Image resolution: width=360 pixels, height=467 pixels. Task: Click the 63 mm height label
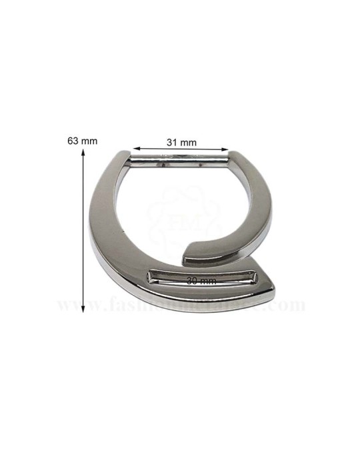click(x=83, y=141)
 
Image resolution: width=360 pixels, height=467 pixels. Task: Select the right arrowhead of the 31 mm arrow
click(x=224, y=150)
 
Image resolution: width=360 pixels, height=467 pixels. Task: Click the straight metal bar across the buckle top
click(x=180, y=159)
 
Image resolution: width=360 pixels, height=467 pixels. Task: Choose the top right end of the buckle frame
click(x=235, y=157)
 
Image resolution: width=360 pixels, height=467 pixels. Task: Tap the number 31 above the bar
click(x=172, y=142)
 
